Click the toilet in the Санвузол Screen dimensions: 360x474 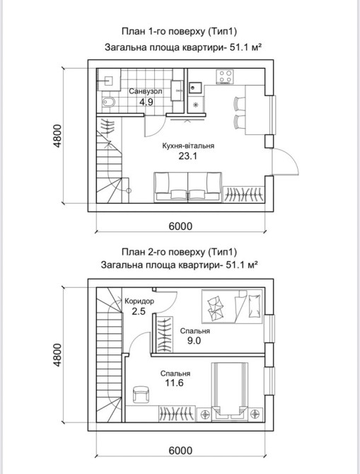click(x=108, y=102)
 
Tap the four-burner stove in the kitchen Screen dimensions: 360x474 click(x=225, y=76)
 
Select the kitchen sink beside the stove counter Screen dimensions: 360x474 click(x=194, y=88)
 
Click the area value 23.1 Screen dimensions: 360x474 click(x=187, y=156)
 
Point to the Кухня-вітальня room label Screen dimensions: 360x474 click(x=188, y=146)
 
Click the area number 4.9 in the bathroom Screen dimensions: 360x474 click(x=146, y=102)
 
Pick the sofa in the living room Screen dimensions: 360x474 click(x=187, y=187)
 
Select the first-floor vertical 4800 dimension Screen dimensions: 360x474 click(x=57, y=136)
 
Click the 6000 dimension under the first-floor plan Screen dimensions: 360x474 click(x=180, y=226)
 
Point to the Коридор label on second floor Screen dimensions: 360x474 click(x=139, y=301)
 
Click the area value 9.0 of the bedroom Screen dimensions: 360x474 click(x=194, y=341)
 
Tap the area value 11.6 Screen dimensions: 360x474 click(x=175, y=383)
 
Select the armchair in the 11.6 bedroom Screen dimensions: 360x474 click(x=141, y=395)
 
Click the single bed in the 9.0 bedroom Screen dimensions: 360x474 click(x=232, y=306)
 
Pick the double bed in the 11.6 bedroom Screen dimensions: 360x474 click(x=230, y=390)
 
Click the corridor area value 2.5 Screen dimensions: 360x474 click(x=139, y=311)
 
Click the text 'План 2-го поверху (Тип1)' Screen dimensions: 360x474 click(x=179, y=252)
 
